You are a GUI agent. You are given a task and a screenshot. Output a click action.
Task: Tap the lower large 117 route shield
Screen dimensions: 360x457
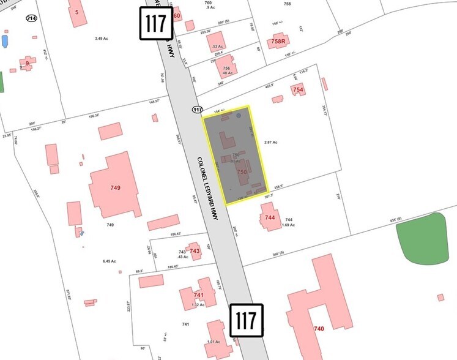click(247, 320)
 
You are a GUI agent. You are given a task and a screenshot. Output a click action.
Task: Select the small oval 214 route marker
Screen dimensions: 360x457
click(30, 18)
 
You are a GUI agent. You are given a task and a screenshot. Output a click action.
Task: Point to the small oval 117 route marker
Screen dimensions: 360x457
click(196, 110)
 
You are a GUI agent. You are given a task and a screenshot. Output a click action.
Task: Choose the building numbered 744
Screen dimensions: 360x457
click(270, 217)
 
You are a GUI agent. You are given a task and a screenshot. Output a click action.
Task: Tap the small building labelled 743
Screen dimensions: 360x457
click(195, 250)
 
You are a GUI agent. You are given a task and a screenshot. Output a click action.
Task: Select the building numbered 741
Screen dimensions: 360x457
click(198, 295)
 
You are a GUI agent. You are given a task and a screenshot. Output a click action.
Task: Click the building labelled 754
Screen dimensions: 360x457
click(298, 89)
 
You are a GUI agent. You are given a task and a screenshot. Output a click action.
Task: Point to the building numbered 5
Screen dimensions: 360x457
click(77, 12)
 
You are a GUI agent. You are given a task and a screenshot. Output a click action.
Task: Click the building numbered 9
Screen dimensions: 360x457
click(27, 63)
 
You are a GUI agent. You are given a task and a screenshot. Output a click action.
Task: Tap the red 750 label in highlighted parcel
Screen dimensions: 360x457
click(242, 173)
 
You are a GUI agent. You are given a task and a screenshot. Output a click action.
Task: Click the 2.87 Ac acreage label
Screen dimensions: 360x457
click(270, 142)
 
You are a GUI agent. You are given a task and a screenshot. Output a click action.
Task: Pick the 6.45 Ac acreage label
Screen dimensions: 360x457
click(110, 261)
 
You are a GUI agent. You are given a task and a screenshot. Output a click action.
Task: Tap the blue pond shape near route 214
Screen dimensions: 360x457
click(6, 42)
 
